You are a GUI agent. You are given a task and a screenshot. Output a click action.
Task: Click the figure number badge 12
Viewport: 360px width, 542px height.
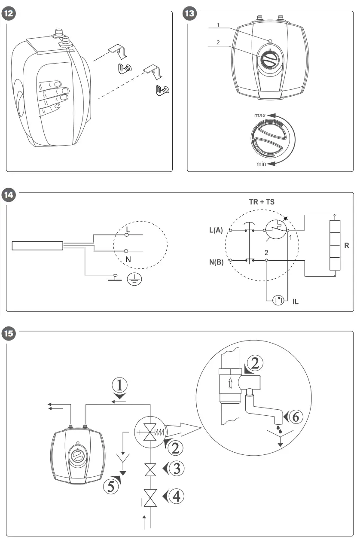9,13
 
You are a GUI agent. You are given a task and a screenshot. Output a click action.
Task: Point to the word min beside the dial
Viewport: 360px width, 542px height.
260,164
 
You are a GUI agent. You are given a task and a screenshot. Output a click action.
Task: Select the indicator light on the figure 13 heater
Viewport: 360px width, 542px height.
269,41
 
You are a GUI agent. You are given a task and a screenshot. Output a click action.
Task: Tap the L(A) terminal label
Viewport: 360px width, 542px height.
216,231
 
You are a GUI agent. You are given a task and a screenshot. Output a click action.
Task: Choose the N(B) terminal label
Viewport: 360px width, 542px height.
216,261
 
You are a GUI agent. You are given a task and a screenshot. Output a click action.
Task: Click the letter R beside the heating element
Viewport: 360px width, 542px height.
346,246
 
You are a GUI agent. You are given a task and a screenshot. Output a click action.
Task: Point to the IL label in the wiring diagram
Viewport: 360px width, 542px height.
295,301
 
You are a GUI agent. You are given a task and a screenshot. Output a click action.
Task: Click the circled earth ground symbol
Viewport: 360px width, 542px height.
135,280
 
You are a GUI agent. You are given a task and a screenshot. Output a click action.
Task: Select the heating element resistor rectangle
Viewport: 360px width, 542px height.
334,245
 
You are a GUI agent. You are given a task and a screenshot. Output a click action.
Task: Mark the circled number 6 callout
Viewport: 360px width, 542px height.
296,416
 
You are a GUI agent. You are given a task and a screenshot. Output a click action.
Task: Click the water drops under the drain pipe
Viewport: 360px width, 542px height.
280,428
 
